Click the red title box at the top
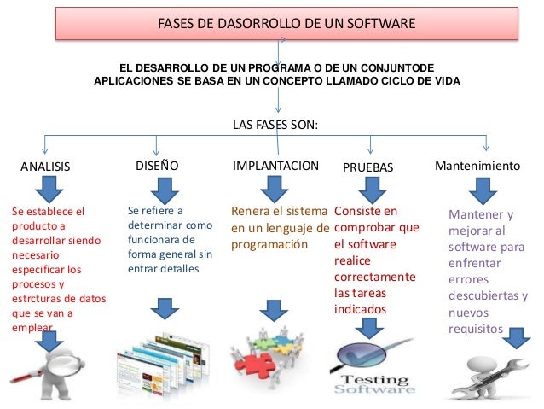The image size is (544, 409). click(286, 22)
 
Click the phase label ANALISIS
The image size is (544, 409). click(45, 167)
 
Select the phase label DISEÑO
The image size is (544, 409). click(157, 165)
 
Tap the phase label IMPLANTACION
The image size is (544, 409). click(275, 165)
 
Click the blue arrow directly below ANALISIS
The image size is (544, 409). click(46, 190)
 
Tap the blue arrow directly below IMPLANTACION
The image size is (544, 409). click(275, 188)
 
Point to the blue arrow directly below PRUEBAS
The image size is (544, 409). click(373, 188)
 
